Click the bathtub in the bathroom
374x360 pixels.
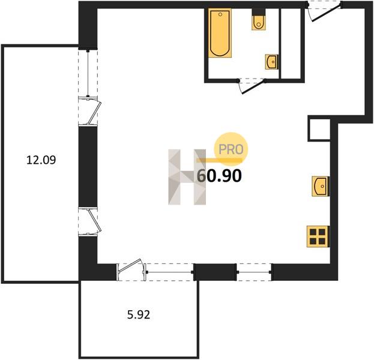(x=220, y=33)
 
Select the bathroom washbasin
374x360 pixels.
(x=272, y=62)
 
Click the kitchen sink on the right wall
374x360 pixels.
(x=321, y=187)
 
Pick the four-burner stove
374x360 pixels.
(x=318, y=236)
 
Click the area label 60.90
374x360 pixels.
(x=220, y=176)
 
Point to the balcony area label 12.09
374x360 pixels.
(x=41, y=160)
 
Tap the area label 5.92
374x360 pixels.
(x=139, y=315)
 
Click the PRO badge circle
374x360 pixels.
(x=231, y=149)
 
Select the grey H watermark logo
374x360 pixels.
(x=187, y=177)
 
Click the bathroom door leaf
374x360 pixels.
(x=253, y=87)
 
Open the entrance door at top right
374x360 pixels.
(x=327, y=14)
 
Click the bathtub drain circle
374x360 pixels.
(x=220, y=14)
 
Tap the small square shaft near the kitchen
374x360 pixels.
(x=319, y=129)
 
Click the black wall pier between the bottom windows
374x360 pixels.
(x=215, y=272)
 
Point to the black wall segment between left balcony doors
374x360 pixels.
(x=88, y=166)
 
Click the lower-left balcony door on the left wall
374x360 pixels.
(x=91, y=221)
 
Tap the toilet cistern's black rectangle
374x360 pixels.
(x=259, y=11)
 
